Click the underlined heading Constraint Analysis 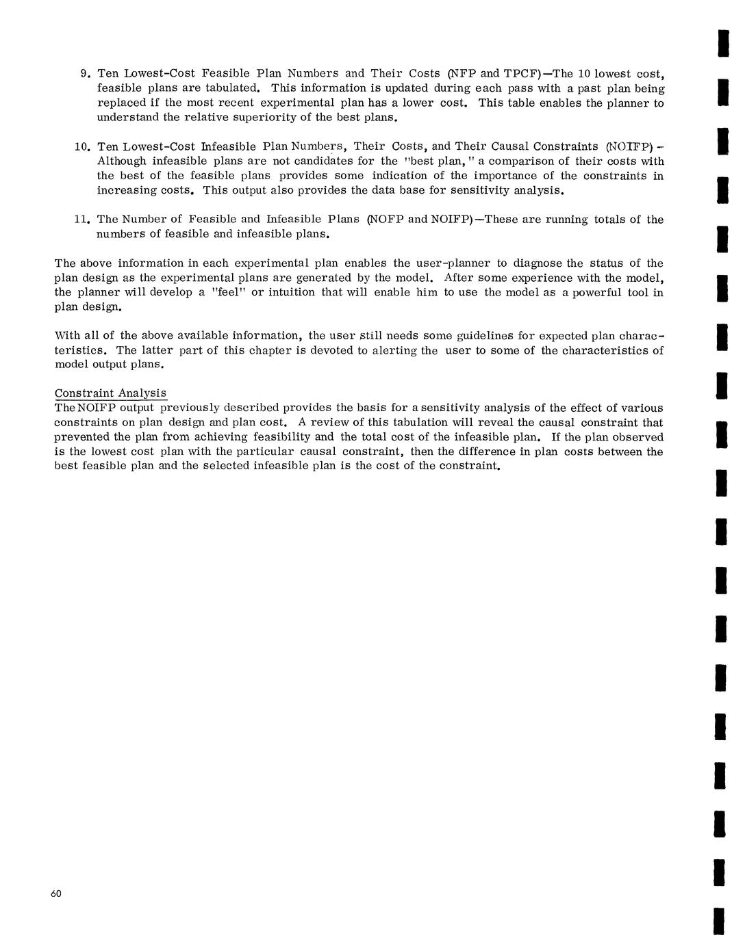(x=110, y=393)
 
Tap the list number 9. (x=85, y=73)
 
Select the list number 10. (x=82, y=146)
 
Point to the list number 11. (x=82, y=220)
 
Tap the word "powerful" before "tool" (x=589, y=292)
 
